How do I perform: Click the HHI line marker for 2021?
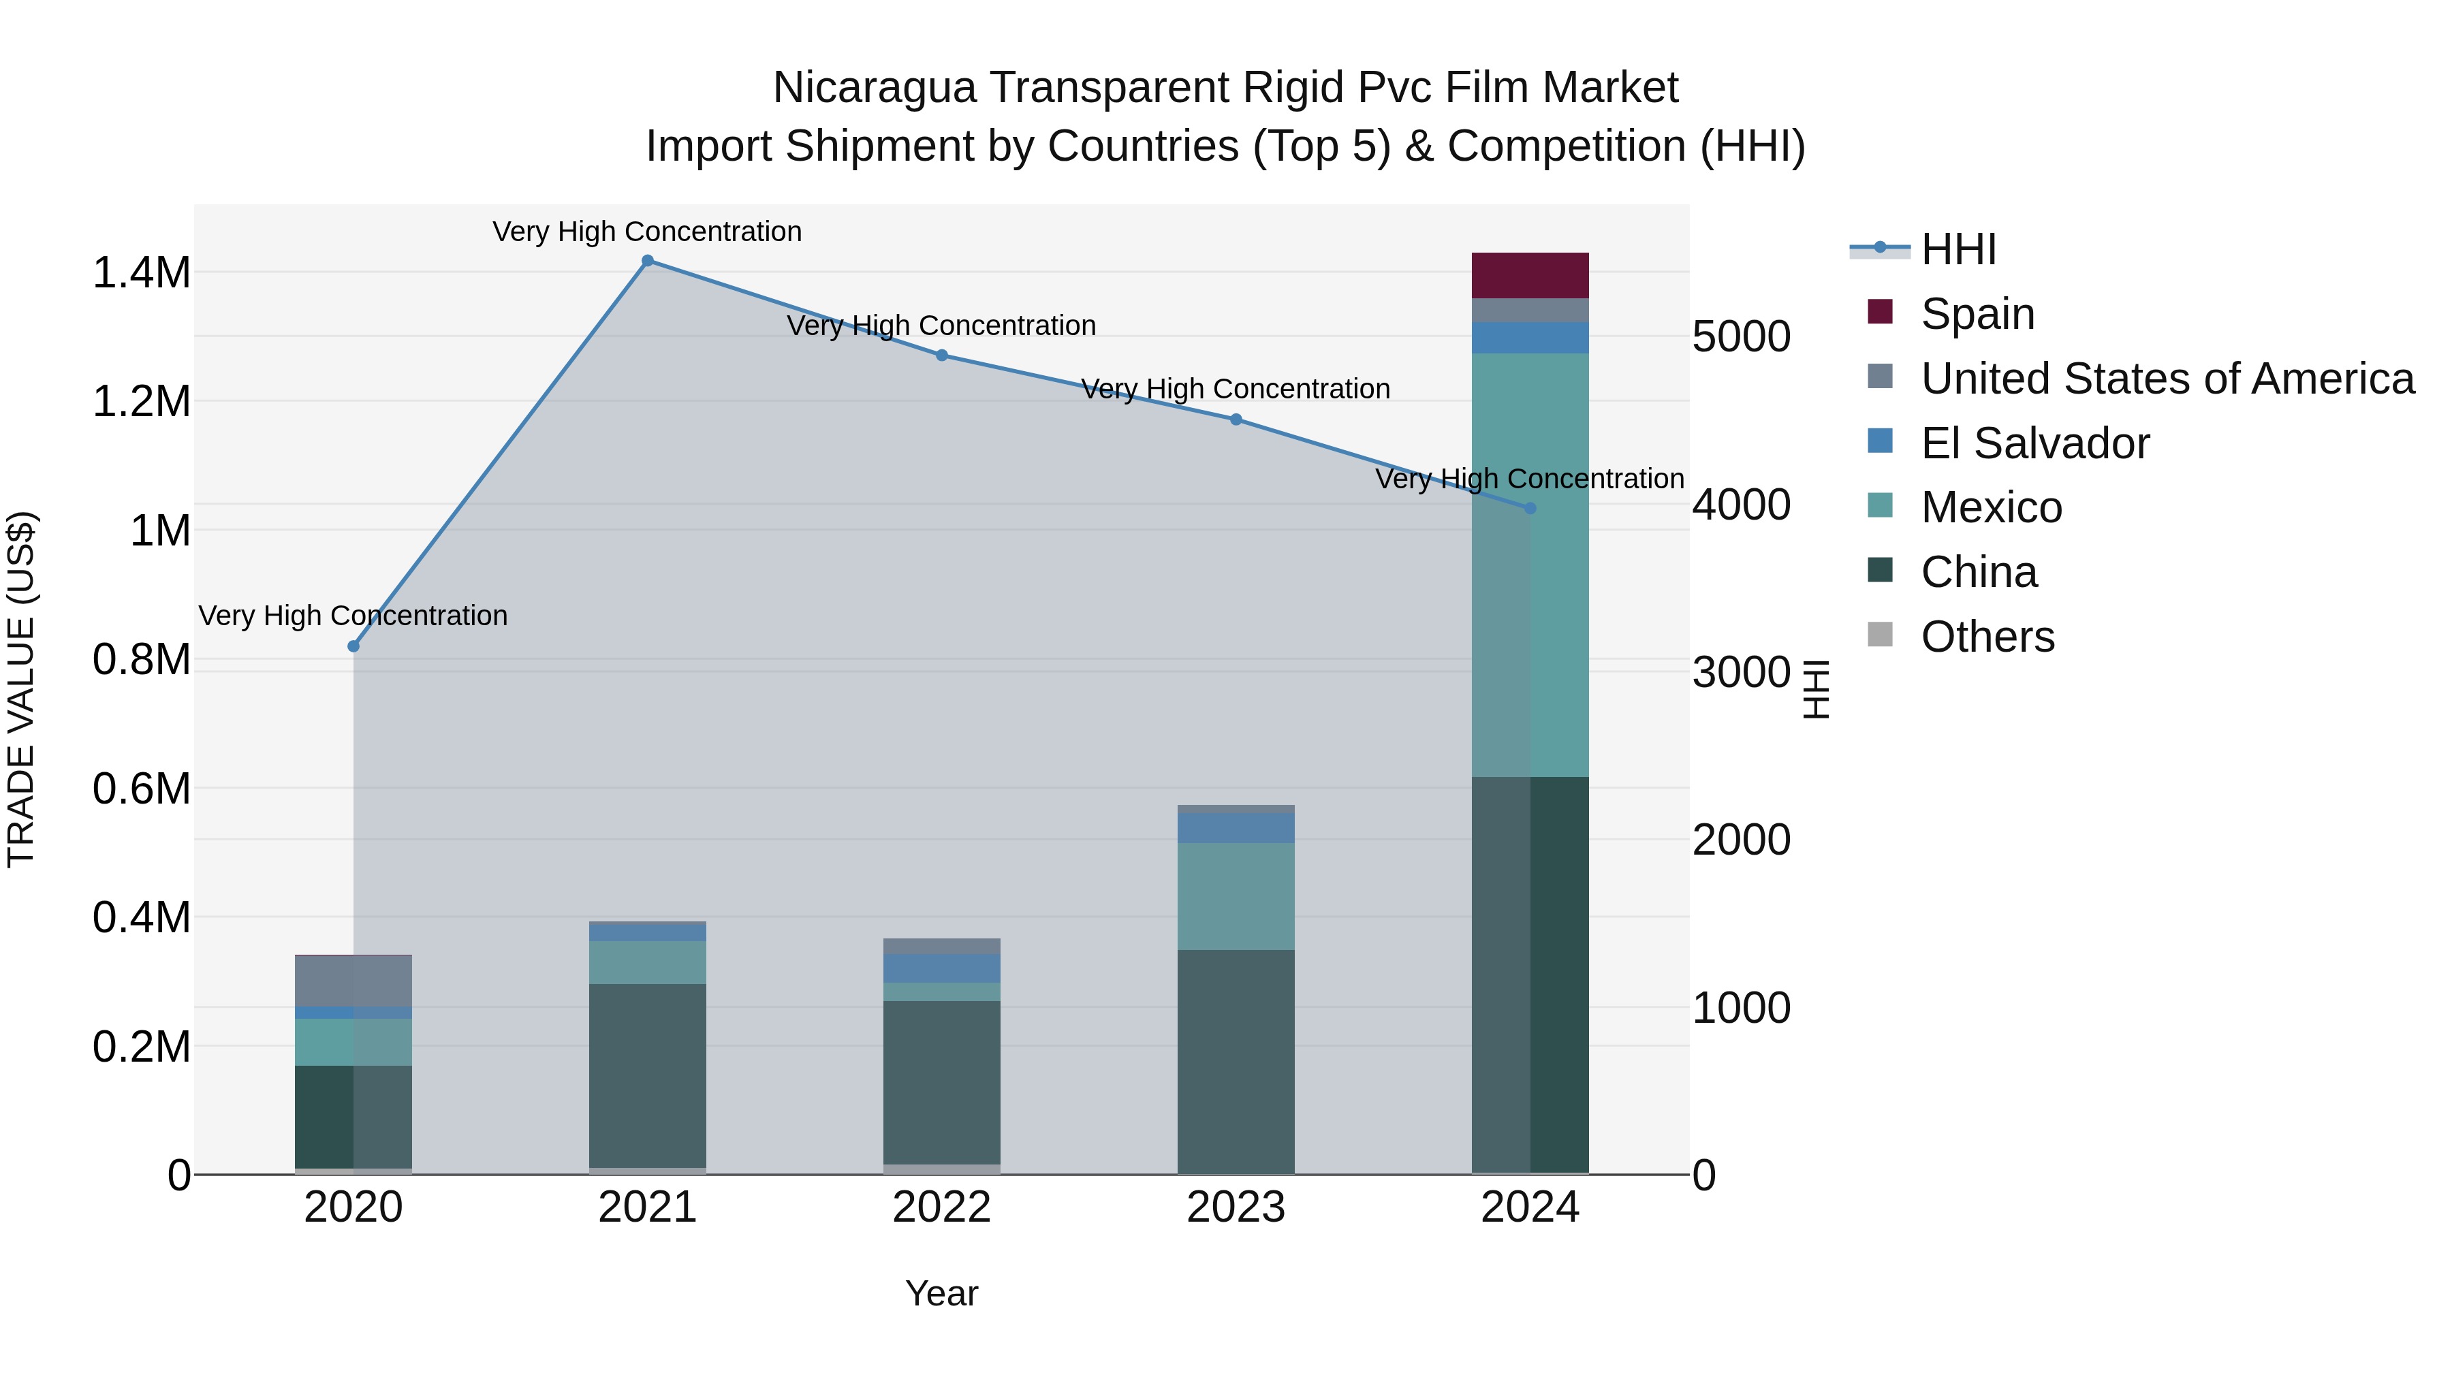pyautogui.click(x=647, y=261)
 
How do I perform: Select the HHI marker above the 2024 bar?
pyautogui.click(x=1530, y=508)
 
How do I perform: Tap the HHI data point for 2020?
pyautogui.click(x=353, y=646)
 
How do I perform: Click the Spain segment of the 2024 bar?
pyautogui.click(x=1530, y=276)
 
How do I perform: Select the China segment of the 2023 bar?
pyautogui.click(x=1236, y=1061)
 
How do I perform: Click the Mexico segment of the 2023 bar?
pyautogui.click(x=1236, y=895)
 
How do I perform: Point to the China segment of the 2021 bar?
pyautogui.click(x=647, y=1075)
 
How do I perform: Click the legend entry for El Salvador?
pyautogui.click(x=2034, y=443)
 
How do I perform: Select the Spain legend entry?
pyautogui.click(x=1977, y=314)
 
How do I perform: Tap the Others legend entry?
pyautogui.click(x=1987, y=637)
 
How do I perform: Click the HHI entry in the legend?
pyautogui.click(x=1958, y=249)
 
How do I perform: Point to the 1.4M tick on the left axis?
pyautogui.click(x=141, y=273)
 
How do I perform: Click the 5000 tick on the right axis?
pyautogui.click(x=1741, y=337)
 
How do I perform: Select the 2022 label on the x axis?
pyautogui.click(x=941, y=1207)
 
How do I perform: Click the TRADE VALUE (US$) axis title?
pyautogui.click(x=21, y=689)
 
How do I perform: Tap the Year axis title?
pyautogui.click(x=941, y=1293)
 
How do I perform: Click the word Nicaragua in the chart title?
pyautogui.click(x=874, y=88)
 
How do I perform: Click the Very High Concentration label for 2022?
pyautogui.click(x=941, y=326)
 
